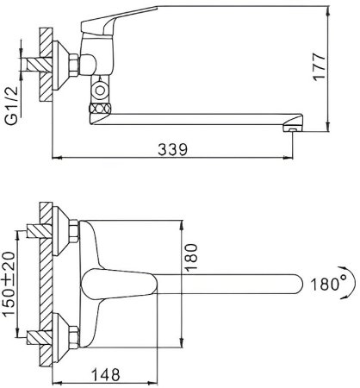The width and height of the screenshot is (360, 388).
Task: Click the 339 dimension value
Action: [172, 149]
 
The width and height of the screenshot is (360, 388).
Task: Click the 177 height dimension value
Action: [320, 66]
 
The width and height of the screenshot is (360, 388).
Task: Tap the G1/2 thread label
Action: [12, 105]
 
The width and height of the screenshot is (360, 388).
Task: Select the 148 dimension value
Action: [105, 374]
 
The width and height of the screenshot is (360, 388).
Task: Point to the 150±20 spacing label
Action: [9, 285]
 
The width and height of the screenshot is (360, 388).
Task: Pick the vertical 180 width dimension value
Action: [191, 257]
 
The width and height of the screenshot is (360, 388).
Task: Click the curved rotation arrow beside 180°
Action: [351, 283]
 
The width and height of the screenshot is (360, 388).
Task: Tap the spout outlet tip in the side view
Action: [293, 124]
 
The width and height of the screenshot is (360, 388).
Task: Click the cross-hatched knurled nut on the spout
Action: [100, 109]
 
